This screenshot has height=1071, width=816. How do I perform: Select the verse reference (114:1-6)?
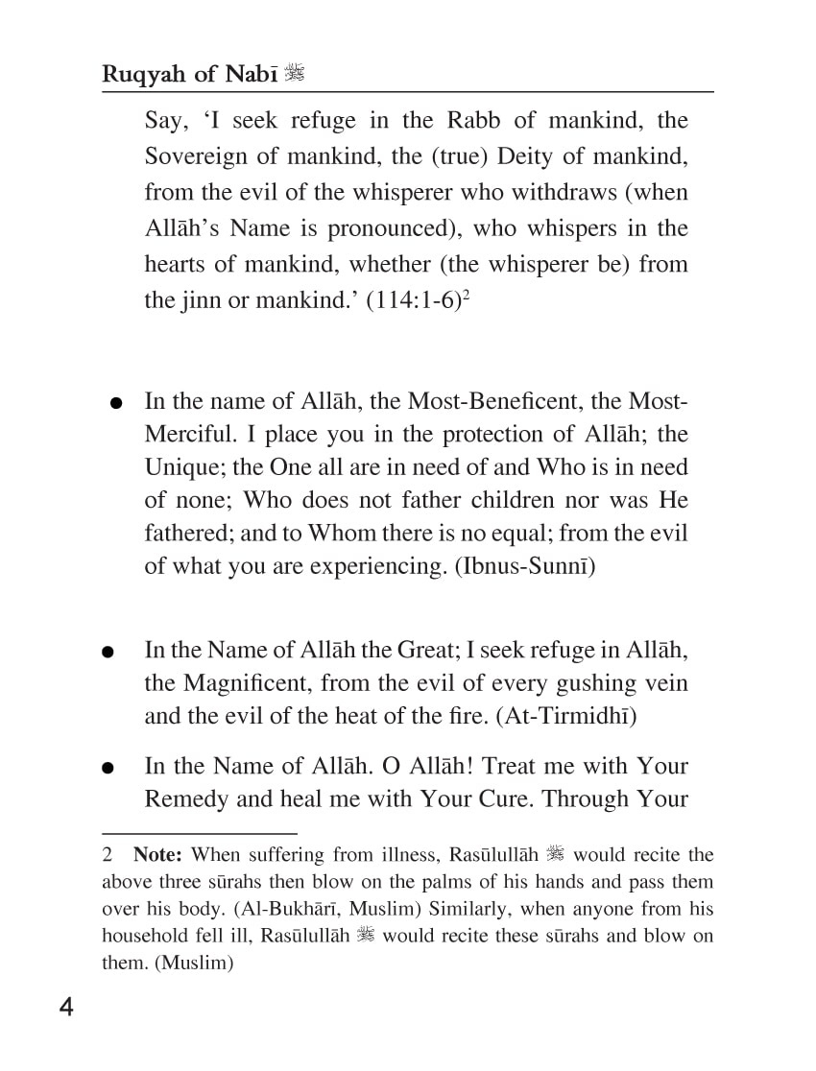click(x=409, y=300)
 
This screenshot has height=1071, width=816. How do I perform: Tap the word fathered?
click(x=186, y=533)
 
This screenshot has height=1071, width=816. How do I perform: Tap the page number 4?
click(x=65, y=1008)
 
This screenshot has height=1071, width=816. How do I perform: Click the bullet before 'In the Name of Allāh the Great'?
click(x=108, y=653)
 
